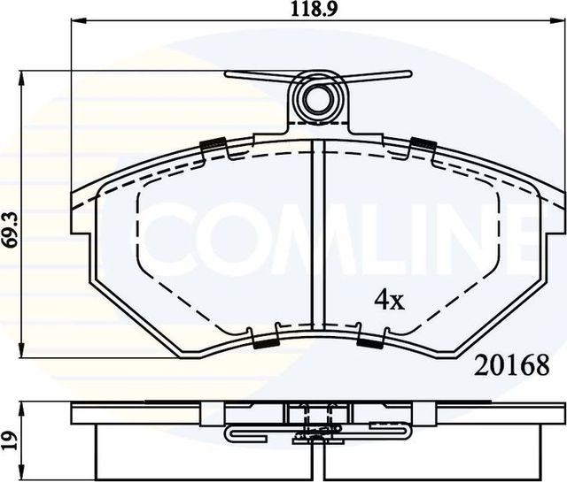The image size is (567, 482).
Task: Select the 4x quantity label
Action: (389, 301)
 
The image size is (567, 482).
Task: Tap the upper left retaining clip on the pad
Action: (214, 144)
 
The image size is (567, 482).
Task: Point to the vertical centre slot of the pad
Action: (317, 239)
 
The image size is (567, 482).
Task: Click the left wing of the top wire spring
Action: (257, 77)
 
